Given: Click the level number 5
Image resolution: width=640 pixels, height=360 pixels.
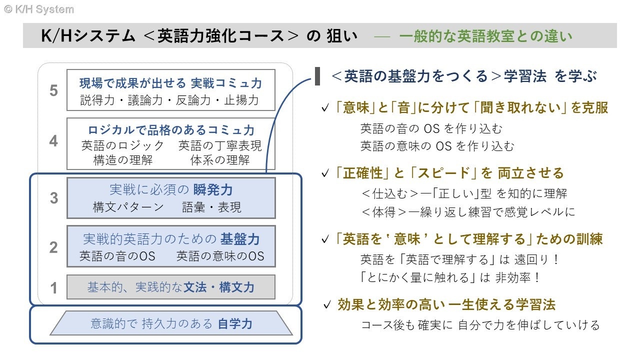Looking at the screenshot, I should [53, 90].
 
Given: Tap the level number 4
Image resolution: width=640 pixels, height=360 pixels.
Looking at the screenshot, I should [53, 141].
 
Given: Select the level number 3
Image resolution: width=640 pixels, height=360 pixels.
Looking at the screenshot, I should [53, 198].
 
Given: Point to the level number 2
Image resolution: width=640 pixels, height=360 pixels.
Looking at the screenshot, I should [53, 247].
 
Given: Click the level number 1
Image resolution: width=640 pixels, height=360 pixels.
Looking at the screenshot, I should [53, 287].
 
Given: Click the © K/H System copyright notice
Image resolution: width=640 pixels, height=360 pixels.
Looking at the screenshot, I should [38, 9].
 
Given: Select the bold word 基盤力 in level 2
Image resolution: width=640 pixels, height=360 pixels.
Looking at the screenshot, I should [240, 239].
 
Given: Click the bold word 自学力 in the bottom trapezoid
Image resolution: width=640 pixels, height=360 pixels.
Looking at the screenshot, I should [235, 324].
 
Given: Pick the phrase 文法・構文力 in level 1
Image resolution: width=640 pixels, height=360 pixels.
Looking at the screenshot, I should [219, 287].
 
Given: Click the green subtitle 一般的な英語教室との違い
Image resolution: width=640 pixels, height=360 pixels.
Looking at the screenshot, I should [485, 36].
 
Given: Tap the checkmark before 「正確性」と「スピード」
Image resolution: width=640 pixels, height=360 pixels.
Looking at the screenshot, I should [325, 174].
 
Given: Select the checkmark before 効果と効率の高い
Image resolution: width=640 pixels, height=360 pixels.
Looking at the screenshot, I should [327, 304].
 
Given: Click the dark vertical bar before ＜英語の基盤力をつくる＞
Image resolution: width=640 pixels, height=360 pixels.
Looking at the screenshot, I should [317, 76].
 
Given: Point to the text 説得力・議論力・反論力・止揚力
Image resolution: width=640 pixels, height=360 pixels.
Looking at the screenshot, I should [170, 100].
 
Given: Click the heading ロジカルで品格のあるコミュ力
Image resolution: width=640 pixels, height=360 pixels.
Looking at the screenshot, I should [171, 130].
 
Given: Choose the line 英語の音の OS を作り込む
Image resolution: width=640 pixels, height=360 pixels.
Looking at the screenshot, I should [430, 128].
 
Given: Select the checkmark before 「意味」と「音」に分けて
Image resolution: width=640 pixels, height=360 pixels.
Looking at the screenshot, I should [325, 108].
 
